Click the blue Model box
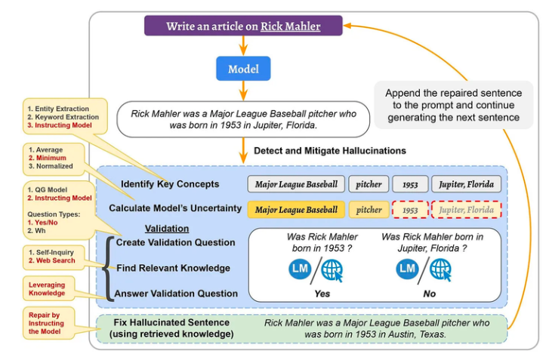pyautogui.click(x=243, y=69)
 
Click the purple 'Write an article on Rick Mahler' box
pyautogui.click(x=243, y=26)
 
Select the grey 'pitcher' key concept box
pyautogui.click(x=369, y=184)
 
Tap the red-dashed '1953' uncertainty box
pyautogui.click(x=410, y=210)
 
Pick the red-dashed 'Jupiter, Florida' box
pyautogui.click(x=466, y=210)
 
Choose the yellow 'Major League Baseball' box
pyautogui.click(x=296, y=210)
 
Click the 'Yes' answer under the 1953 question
pyautogui.click(x=322, y=294)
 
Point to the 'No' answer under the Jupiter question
pyautogui.click(x=430, y=294)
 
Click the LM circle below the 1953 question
pyautogui.click(x=300, y=269)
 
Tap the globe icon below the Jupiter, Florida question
pyautogui.click(x=440, y=270)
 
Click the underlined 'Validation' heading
pyautogui.click(x=167, y=229)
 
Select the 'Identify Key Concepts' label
pyautogui.click(x=170, y=184)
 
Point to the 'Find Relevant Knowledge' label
pyautogui.click(x=173, y=268)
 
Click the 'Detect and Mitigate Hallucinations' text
pyautogui.click(x=330, y=151)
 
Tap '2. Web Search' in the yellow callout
pyautogui.click(x=52, y=260)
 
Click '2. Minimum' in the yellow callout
pyautogui.click(x=47, y=158)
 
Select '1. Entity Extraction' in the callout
pyautogui.click(x=58, y=109)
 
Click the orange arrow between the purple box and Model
pyautogui.click(x=243, y=46)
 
